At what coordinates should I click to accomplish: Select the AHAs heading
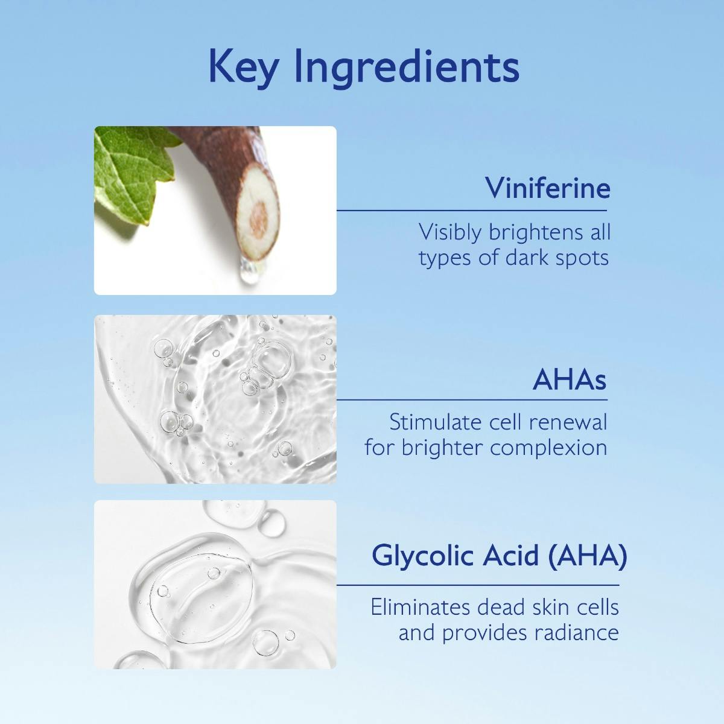570,380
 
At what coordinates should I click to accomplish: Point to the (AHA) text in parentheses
587,556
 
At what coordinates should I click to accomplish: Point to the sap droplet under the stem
247,275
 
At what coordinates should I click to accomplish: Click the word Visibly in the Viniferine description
451,232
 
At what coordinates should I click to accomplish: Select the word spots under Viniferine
580,258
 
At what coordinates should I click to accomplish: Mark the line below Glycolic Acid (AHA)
477,585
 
